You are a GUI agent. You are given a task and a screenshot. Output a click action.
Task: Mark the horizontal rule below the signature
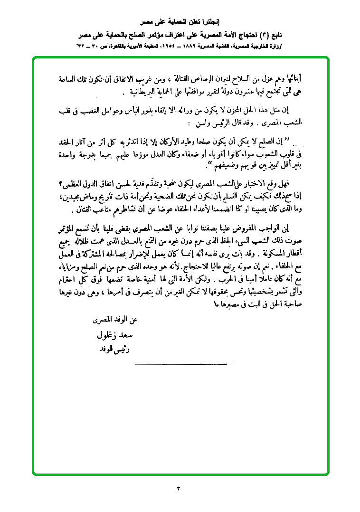[x=180, y=364]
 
